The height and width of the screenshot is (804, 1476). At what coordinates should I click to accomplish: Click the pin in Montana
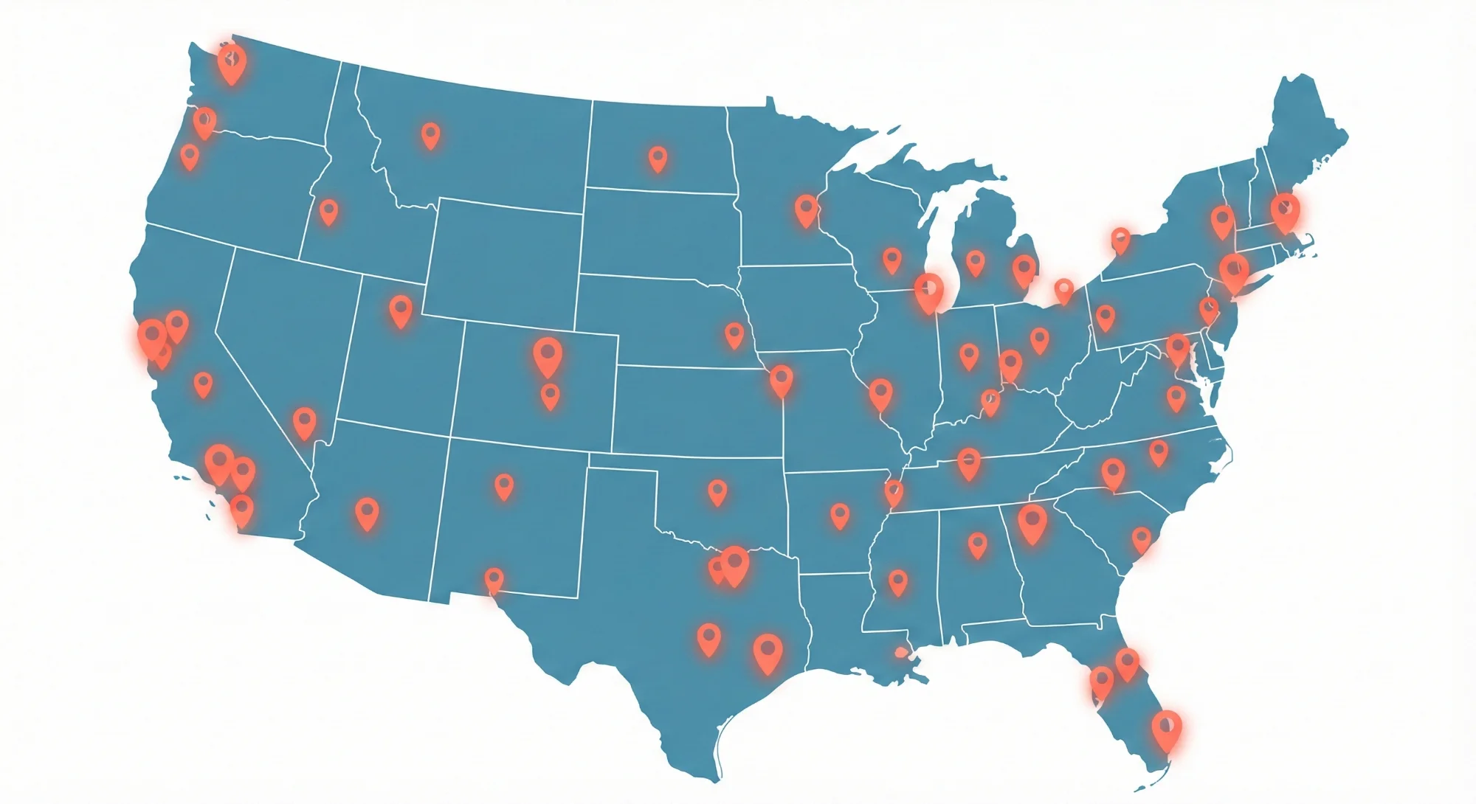tap(430, 136)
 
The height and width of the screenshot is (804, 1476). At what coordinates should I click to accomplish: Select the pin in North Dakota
tap(658, 159)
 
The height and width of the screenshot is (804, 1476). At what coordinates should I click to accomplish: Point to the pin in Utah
tap(401, 311)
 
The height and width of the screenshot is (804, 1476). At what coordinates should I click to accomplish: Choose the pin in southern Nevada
tap(304, 423)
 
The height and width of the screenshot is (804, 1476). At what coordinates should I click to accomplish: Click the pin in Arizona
tap(367, 513)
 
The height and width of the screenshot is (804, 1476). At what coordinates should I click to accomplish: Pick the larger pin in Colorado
tap(548, 357)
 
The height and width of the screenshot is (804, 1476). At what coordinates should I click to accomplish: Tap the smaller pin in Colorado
tap(550, 396)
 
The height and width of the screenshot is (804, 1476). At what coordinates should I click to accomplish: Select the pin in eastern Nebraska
tap(734, 335)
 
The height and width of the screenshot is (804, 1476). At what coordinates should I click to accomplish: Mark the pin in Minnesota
tap(806, 210)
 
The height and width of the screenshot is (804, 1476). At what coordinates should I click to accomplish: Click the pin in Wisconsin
tap(892, 260)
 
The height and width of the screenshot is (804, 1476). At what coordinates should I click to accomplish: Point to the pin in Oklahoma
tap(717, 492)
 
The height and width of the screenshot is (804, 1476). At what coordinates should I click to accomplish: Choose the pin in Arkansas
tap(839, 516)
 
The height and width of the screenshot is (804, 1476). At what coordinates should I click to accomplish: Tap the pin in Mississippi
tap(897, 582)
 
